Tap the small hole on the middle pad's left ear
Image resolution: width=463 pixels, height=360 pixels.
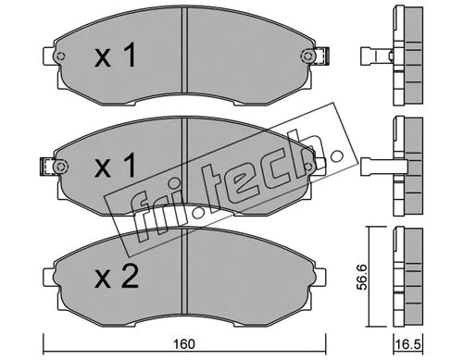[x=61, y=167]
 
